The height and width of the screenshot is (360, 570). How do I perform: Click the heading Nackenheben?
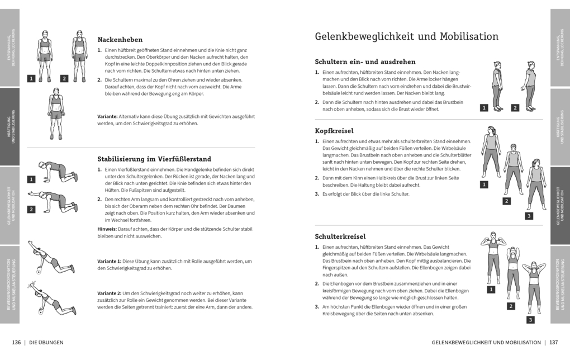(x=120, y=40)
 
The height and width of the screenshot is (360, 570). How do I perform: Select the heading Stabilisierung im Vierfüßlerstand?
(x=154, y=159)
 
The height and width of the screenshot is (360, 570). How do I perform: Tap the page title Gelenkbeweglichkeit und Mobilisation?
(x=406, y=37)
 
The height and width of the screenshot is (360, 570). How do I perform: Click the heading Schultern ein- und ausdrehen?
(x=365, y=61)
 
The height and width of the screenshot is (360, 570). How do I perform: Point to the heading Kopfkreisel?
(x=334, y=130)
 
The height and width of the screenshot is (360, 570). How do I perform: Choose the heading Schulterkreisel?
(x=340, y=236)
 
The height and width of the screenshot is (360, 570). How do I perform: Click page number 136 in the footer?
(x=16, y=342)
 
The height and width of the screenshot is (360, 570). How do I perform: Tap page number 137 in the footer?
(x=553, y=342)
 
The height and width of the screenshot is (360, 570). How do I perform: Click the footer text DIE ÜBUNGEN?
(x=46, y=342)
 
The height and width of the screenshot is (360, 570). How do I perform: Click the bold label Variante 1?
(x=110, y=261)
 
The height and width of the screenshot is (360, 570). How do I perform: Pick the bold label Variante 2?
(x=110, y=293)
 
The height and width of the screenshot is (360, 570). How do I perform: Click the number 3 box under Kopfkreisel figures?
(x=529, y=216)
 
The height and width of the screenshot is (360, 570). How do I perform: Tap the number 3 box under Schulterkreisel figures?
(x=530, y=320)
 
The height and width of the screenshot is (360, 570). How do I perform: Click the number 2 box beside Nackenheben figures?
(x=64, y=79)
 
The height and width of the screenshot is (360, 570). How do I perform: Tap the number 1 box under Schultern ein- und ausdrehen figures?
(x=484, y=107)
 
